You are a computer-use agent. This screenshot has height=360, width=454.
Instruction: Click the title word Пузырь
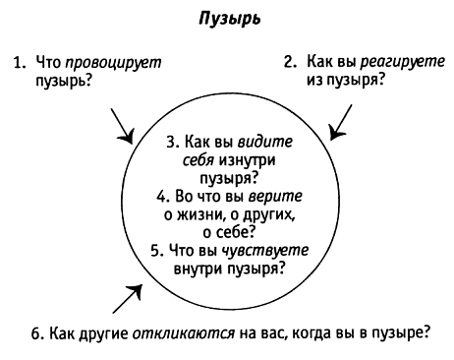228,18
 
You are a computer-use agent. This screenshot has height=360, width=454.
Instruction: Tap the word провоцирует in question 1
119,61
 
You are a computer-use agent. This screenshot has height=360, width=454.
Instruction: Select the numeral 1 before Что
18,61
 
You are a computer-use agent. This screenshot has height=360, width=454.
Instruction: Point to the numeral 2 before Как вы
289,61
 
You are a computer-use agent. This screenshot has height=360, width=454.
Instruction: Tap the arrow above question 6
128,292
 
